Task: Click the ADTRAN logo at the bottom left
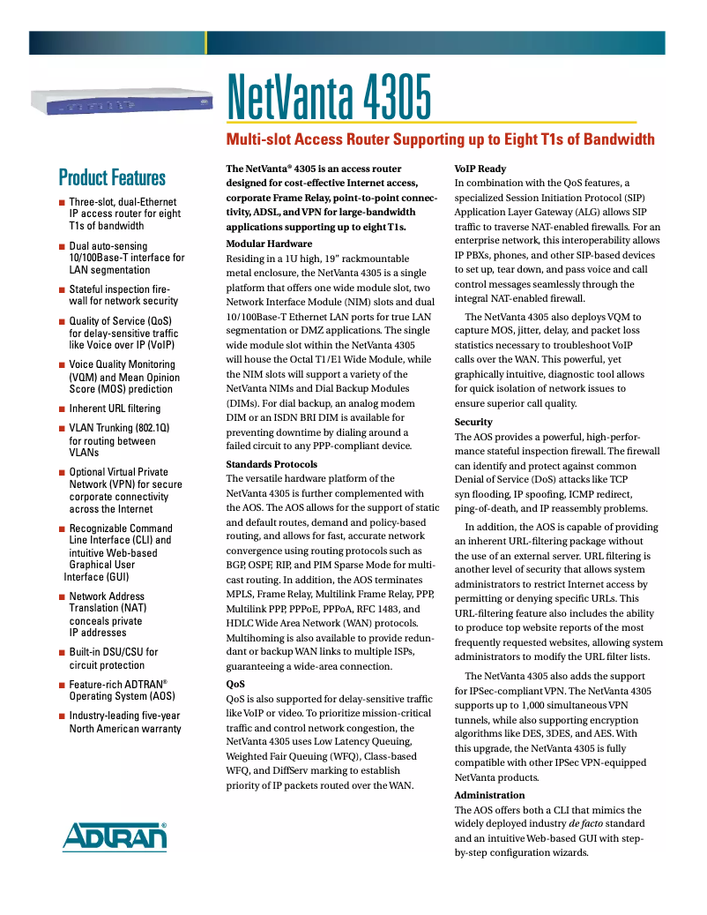point(114,836)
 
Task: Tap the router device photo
point(123,101)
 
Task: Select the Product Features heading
point(112,177)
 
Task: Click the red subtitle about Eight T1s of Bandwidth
point(441,139)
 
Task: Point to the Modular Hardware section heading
point(269,244)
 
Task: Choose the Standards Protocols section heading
point(272,464)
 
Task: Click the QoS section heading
point(235,684)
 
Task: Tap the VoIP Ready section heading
point(480,169)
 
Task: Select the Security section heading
point(473,422)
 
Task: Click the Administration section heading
point(489,795)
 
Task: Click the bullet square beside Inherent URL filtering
point(62,409)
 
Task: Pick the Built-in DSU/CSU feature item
point(114,658)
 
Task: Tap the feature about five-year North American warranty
point(124,722)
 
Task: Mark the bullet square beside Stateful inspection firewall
point(62,289)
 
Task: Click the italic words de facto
point(586,823)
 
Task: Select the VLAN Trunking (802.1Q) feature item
point(119,439)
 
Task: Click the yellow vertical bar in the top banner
point(205,42)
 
